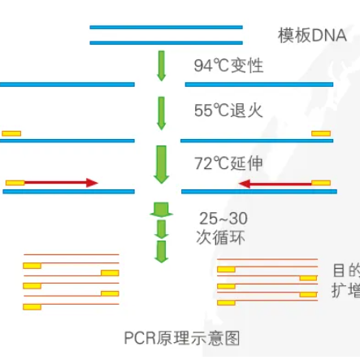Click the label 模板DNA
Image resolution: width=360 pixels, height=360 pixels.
[311, 36]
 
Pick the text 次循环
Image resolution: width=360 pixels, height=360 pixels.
[221, 238]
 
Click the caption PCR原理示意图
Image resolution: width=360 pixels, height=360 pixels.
[181, 336]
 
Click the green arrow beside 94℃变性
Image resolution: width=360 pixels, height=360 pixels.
[160, 65]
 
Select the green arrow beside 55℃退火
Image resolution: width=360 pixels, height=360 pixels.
[160, 111]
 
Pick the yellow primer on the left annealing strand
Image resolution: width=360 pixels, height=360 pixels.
[12, 132]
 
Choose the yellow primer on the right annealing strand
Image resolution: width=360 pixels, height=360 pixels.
[321, 132]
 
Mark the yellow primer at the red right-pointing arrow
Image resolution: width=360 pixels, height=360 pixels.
[15, 184]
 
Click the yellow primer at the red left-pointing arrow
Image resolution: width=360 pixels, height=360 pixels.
[321, 184]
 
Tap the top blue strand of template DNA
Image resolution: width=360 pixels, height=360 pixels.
[166, 27]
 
